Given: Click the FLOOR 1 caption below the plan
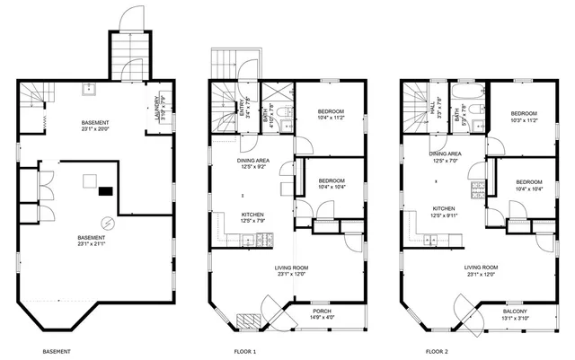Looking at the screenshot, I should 245,351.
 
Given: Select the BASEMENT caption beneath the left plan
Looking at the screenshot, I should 57,351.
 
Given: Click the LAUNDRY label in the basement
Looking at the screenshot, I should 157,105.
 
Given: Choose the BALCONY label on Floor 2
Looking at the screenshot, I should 515,311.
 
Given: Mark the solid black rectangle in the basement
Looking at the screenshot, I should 106,189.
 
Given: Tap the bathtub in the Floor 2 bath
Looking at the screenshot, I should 469,92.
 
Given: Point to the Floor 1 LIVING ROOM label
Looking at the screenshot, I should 292,267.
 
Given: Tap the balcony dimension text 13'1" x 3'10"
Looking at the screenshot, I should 515,318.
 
